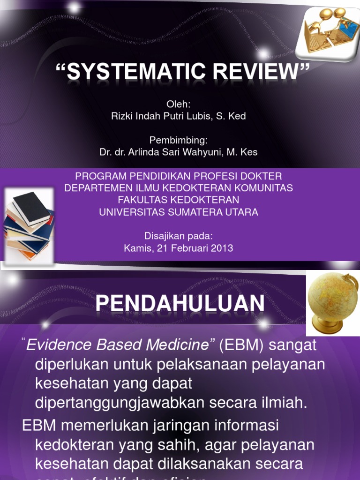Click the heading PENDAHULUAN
coord(180,304)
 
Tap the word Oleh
coord(178,104)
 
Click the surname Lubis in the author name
coord(199,116)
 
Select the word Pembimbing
coord(178,140)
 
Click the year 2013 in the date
coord(222,248)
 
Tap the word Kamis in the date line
coord(136,248)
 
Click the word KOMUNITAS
coord(267,188)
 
